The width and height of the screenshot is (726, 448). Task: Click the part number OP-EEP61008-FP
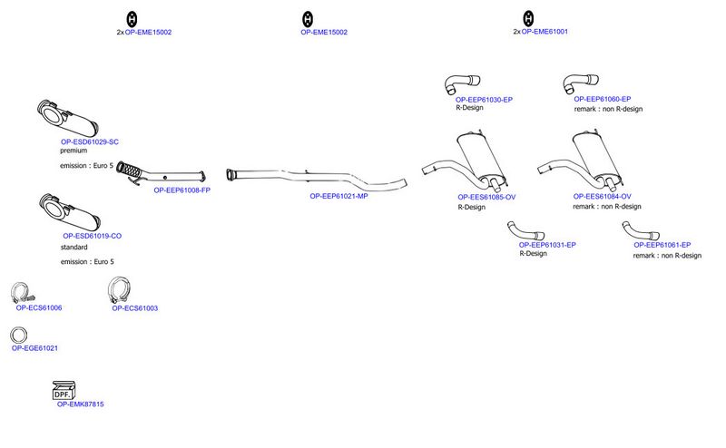point(182,190)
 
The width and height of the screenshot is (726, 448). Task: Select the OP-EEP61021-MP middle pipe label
point(338,196)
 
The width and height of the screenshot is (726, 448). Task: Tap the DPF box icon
point(64,390)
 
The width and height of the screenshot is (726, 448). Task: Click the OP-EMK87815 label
point(81,404)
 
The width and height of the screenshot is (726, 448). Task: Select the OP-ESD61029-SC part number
point(90,142)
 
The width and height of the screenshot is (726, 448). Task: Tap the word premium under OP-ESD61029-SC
point(74,151)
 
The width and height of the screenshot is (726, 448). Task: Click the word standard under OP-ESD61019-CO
point(74,248)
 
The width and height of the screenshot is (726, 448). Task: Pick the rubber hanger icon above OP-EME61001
point(528,18)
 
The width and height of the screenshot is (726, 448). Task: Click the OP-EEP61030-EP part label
point(484,100)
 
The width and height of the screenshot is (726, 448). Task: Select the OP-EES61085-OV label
point(486,197)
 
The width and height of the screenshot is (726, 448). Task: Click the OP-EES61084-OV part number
point(602,197)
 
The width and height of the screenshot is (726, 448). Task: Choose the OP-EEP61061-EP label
point(662,245)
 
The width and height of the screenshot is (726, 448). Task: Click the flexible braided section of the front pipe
point(129,170)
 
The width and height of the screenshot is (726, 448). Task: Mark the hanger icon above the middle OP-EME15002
point(308,19)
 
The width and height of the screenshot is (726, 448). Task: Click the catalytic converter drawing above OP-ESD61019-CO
point(70,212)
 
